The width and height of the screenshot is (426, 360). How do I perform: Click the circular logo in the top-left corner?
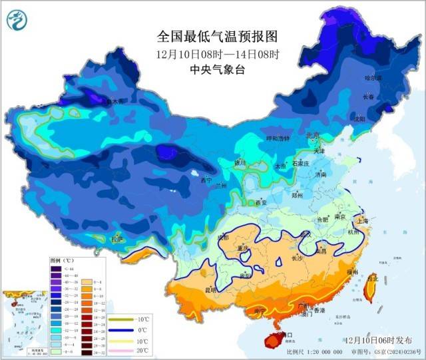(x=16, y=19)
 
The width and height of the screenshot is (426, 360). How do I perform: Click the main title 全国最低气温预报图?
(x=208, y=37)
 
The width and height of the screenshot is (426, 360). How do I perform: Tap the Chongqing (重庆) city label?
(x=242, y=249)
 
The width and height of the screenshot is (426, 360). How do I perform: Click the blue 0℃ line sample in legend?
(x=121, y=328)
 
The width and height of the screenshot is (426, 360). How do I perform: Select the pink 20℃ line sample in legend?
(x=121, y=349)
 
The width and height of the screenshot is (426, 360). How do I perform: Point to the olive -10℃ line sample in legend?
(x=121, y=318)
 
